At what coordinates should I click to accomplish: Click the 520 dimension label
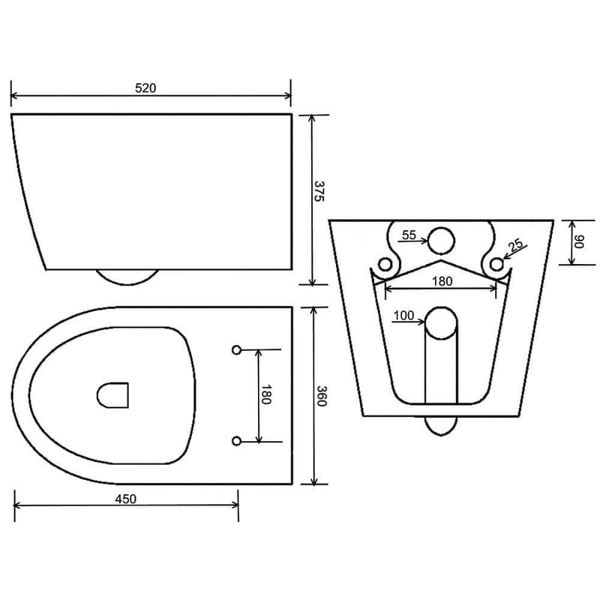145,88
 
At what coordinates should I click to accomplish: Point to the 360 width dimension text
320,396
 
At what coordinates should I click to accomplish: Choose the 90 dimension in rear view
579,241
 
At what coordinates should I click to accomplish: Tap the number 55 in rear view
409,235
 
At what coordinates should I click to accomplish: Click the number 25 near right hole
515,245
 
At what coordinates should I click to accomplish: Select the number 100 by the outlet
403,316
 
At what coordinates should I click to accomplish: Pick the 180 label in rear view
442,281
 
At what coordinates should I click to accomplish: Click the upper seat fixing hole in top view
236,349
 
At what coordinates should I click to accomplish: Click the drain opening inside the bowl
113,394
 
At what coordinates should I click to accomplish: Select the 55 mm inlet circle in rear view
442,240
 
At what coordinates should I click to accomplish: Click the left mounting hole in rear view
386,263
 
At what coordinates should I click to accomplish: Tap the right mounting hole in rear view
496,263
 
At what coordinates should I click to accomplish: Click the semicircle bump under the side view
127,277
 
